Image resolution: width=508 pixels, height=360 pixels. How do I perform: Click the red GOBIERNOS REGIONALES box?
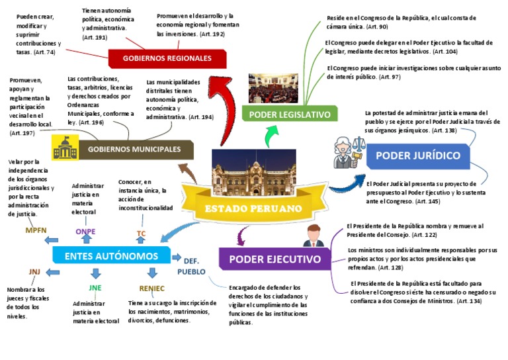167,58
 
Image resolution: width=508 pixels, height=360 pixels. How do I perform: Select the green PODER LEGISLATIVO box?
289,114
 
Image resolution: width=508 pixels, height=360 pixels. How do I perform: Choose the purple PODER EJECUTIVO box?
279,259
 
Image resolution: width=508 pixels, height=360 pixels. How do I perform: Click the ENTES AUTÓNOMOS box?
111,256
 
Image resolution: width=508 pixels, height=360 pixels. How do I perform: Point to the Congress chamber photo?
273,88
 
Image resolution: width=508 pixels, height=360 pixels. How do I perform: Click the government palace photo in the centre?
253,171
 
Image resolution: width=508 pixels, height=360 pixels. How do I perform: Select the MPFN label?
36,230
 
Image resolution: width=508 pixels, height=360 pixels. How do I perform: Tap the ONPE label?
85,232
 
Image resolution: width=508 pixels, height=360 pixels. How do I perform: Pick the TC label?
141,234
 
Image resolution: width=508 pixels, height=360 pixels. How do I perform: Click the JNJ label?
34,272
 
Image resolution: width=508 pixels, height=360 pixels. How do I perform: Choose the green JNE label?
95,287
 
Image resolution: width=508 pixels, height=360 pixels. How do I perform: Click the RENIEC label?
151,288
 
